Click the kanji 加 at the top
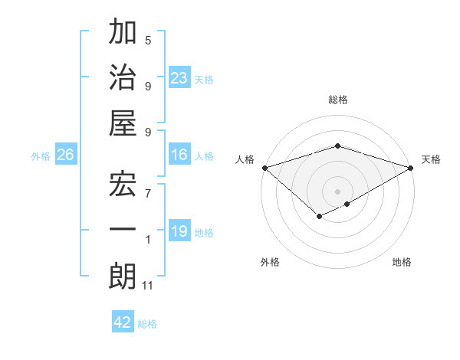[x=123, y=34]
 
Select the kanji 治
[x=123, y=79]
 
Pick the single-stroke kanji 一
[x=123, y=230]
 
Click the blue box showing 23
[x=179, y=77]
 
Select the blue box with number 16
[x=179, y=155]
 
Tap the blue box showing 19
[x=179, y=231]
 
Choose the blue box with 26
[x=65, y=155]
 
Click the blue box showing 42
[x=122, y=322]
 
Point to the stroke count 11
[x=148, y=286]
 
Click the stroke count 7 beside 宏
[x=148, y=187]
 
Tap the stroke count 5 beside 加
[x=148, y=40]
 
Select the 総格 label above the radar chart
[x=337, y=100]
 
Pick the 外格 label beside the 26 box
[x=41, y=156]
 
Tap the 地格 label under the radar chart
[x=402, y=262]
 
